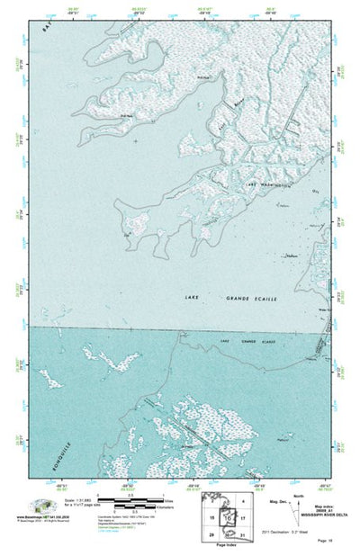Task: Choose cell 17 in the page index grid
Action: click(243, 520)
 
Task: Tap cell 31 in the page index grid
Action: click(243, 536)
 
